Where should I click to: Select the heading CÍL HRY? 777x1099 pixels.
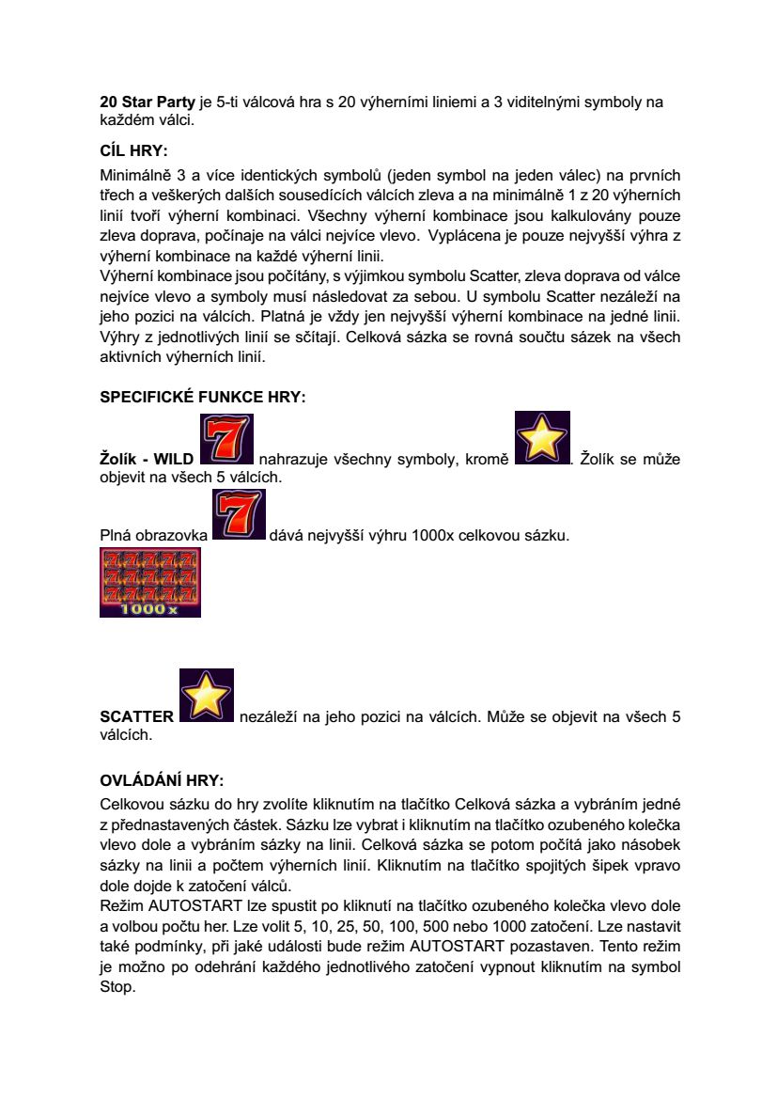[133, 149]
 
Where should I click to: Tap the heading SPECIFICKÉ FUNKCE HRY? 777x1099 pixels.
[202, 398]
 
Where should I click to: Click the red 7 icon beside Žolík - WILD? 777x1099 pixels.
[227, 440]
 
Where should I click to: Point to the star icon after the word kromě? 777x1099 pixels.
[543, 438]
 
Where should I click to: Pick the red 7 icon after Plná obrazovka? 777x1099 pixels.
[240, 515]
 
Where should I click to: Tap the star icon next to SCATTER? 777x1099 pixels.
[206, 696]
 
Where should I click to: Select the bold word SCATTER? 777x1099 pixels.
[137, 716]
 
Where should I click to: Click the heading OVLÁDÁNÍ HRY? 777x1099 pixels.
[163, 780]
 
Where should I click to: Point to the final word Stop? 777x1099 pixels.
[117, 988]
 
